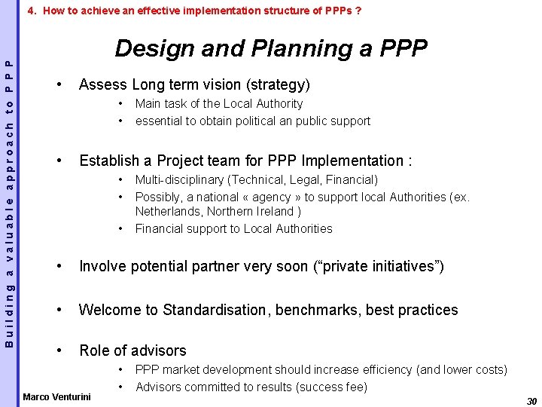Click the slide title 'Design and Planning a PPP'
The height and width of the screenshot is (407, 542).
pyautogui.click(x=271, y=49)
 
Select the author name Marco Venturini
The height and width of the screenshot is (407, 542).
pyautogui.click(x=57, y=396)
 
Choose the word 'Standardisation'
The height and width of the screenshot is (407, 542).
pyautogui.click(x=215, y=310)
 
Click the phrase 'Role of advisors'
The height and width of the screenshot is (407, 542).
pyautogui.click(x=132, y=350)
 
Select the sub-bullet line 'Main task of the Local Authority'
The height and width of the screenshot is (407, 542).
pyautogui.click(x=218, y=104)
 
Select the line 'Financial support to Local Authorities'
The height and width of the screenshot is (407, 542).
pyautogui.click(x=233, y=228)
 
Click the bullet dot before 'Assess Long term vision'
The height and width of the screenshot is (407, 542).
pyautogui.click(x=59, y=84)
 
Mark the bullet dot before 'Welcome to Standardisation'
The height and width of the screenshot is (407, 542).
pyautogui.click(x=59, y=310)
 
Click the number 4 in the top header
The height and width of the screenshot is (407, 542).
pyautogui.click(x=30, y=11)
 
